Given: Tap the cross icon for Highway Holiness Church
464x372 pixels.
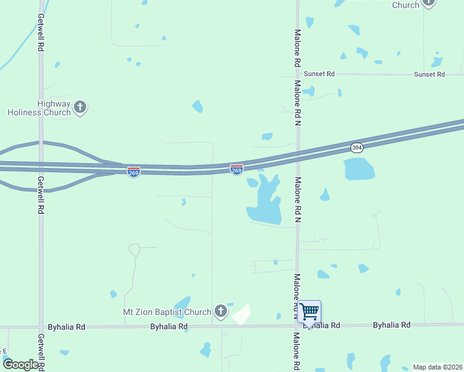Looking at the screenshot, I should click(x=79, y=107).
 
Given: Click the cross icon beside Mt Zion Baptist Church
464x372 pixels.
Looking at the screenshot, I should click(x=220, y=311).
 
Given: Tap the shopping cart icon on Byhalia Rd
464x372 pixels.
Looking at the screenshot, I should click(x=309, y=311).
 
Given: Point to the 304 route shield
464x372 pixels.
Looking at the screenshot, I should click(x=356, y=148).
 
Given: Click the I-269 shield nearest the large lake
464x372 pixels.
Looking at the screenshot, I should click(x=236, y=169).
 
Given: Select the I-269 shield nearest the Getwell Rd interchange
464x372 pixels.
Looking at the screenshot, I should click(x=133, y=171).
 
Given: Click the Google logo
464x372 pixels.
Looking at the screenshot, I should click(x=20, y=365).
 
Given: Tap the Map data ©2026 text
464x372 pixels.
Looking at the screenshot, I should click(x=437, y=367).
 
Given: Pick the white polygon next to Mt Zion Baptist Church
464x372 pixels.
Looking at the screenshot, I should click(x=241, y=315).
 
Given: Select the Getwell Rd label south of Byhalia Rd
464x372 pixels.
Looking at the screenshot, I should click(x=41, y=351).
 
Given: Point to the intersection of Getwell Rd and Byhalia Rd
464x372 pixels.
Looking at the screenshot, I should click(x=41, y=326).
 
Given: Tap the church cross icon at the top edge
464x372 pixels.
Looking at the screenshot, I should click(x=429, y=3).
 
